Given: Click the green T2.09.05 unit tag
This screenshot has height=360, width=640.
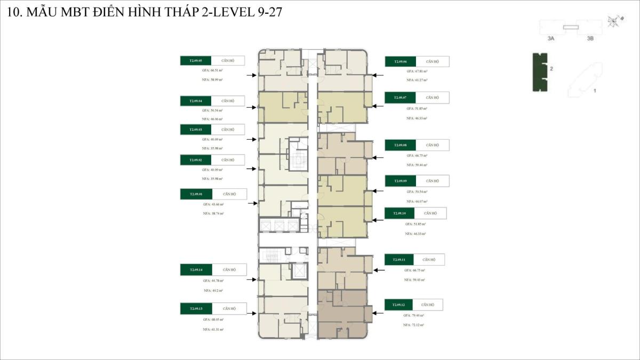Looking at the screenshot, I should point(196,61).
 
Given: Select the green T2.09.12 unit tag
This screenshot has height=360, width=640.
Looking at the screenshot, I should point(399,305).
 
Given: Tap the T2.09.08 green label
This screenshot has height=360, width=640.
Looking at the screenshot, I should point(401,145).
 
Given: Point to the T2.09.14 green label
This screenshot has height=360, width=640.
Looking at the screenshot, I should point(196,269).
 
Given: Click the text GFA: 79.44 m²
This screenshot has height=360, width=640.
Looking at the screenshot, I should point(414,315).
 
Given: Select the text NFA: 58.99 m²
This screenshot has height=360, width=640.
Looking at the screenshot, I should point(212,79).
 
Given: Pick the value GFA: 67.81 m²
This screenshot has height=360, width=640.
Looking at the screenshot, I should point(417,71).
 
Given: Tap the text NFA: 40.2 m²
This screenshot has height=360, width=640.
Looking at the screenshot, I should point(213,291).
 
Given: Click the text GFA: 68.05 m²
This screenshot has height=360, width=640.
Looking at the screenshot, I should point(213,319).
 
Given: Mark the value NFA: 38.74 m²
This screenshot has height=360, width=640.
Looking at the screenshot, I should point(213,213).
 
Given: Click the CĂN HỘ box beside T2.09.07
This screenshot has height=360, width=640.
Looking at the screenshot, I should point(433,98).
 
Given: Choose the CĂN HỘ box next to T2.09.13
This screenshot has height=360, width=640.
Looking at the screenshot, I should point(229,308).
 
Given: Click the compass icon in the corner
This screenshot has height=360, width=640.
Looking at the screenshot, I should point(614,21).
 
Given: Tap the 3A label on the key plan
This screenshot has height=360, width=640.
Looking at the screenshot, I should point(551,39).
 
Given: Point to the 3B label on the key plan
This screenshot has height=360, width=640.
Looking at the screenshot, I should point(590,39).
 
